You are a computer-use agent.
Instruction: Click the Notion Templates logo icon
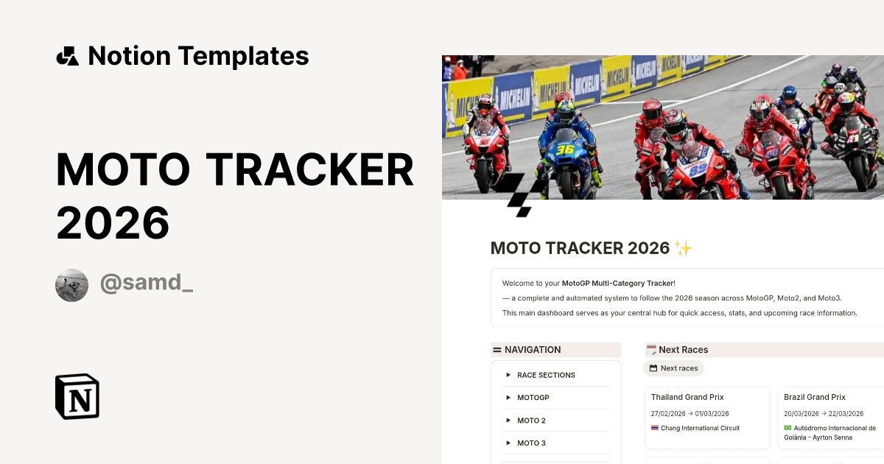pyautogui.click(x=68, y=56)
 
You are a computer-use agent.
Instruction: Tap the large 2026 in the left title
pyautogui.click(x=113, y=222)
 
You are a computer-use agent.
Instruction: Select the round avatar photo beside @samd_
pyautogui.click(x=71, y=285)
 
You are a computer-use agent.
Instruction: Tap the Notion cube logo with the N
pyautogui.click(x=77, y=396)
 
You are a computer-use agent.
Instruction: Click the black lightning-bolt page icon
pyautogui.click(x=521, y=194)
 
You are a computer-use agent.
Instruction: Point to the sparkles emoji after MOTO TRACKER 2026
pyautogui.click(x=683, y=249)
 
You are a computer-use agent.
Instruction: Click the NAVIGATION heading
pyautogui.click(x=532, y=350)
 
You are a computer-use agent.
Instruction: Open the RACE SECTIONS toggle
pyautogui.click(x=545, y=375)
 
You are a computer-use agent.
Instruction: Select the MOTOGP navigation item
pyautogui.click(x=533, y=398)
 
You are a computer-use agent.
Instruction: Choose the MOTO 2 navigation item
pyautogui.click(x=531, y=421)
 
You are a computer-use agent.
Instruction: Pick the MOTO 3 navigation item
pyautogui.click(x=531, y=443)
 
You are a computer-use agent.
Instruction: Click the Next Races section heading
pyautogui.click(x=683, y=350)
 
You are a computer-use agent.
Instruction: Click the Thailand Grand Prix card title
pyautogui.click(x=687, y=397)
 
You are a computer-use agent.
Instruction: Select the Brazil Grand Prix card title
pyautogui.click(x=814, y=397)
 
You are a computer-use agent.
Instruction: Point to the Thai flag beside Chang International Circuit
pyautogui.click(x=655, y=428)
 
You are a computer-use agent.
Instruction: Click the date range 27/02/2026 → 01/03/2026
pyautogui.click(x=690, y=413)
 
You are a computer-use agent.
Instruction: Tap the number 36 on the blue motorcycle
pyautogui.click(x=564, y=150)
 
